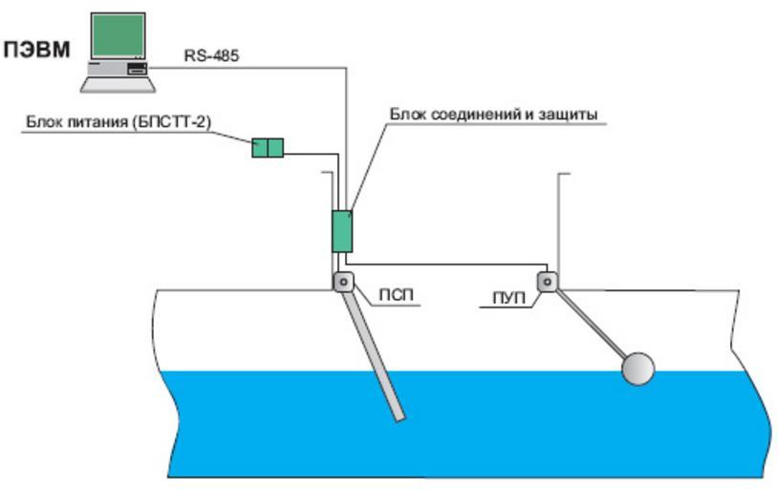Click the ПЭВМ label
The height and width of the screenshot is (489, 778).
pos(38,49)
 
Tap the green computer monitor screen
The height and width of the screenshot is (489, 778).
pos(117,36)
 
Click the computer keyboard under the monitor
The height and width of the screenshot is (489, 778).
pos(118,83)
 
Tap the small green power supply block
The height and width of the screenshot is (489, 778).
pos(268,147)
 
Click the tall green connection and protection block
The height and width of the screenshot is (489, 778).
pos(341,230)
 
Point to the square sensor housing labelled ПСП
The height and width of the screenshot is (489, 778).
pos(342,282)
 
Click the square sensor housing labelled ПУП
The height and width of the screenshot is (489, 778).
pos(548,282)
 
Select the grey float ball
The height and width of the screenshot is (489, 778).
pos(638,369)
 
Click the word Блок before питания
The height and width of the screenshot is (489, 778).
pos(45,122)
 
